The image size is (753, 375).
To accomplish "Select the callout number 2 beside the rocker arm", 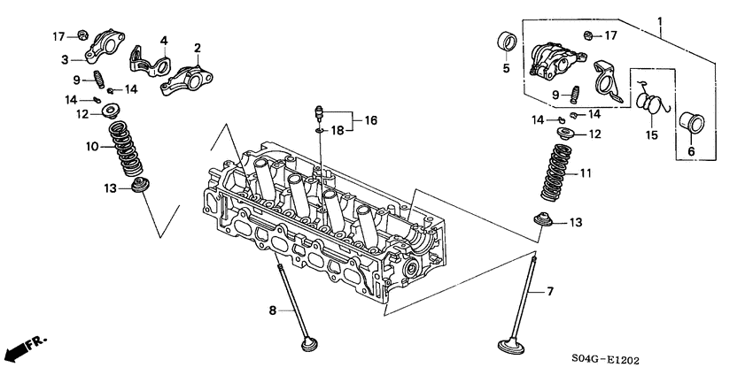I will pyautogui.click(x=197, y=48).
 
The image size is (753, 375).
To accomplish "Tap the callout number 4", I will pyautogui.click(x=163, y=42).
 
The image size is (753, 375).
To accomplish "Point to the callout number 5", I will pyautogui.click(x=506, y=67).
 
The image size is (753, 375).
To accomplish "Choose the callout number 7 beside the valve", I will pyautogui.click(x=550, y=291).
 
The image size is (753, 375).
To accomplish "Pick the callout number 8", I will pyautogui.click(x=272, y=310).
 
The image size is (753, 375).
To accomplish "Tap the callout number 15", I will pyautogui.click(x=653, y=135).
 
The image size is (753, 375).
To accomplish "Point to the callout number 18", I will pyautogui.click(x=337, y=130).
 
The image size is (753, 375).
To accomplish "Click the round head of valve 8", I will pyautogui.click(x=309, y=342).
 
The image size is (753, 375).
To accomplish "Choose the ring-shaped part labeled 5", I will pyautogui.click(x=506, y=42).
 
